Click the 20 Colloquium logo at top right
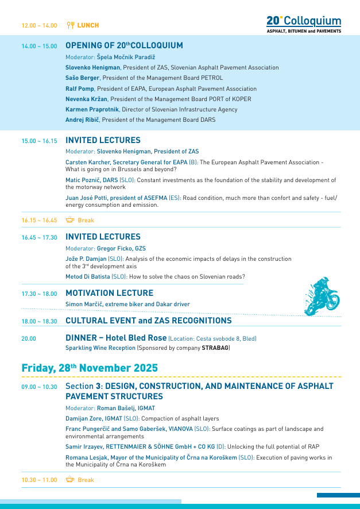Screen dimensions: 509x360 coord(304,24)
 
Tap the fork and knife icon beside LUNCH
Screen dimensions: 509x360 coord(71,25)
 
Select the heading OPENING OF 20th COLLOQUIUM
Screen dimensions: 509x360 coord(125,46)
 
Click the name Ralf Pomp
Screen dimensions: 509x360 coord(80,89)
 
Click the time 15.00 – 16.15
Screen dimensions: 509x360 coord(40,141)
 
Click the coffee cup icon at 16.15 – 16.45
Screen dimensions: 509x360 coord(70,220)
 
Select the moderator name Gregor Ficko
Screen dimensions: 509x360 coord(114,248)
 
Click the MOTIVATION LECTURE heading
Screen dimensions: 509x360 coord(110,293)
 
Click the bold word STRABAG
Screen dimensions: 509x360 coord(215,348)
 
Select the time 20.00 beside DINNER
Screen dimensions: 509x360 coord(29,339)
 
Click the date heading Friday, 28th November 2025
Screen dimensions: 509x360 coord(90,368)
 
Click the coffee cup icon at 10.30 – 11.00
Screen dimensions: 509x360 coord(70,480)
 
